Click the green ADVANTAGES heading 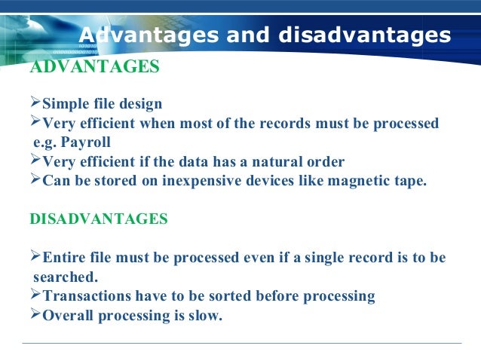point(94,67)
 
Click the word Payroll point(89,142)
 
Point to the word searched point(66,277)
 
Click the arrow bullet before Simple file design point(35,102)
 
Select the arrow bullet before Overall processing point(35,315)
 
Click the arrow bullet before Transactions point(35,295)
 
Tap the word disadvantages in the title point(365,35)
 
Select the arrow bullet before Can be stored point(35,180)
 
